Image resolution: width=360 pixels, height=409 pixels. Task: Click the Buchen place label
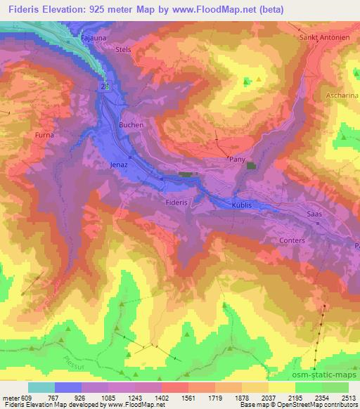point(131,125)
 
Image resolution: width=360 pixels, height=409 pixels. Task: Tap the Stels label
point(123,51)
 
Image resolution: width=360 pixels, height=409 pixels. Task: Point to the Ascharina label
point(342,94)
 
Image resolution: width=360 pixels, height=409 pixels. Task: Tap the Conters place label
point(292,240)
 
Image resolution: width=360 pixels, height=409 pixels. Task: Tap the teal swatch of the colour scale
point(41,387)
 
